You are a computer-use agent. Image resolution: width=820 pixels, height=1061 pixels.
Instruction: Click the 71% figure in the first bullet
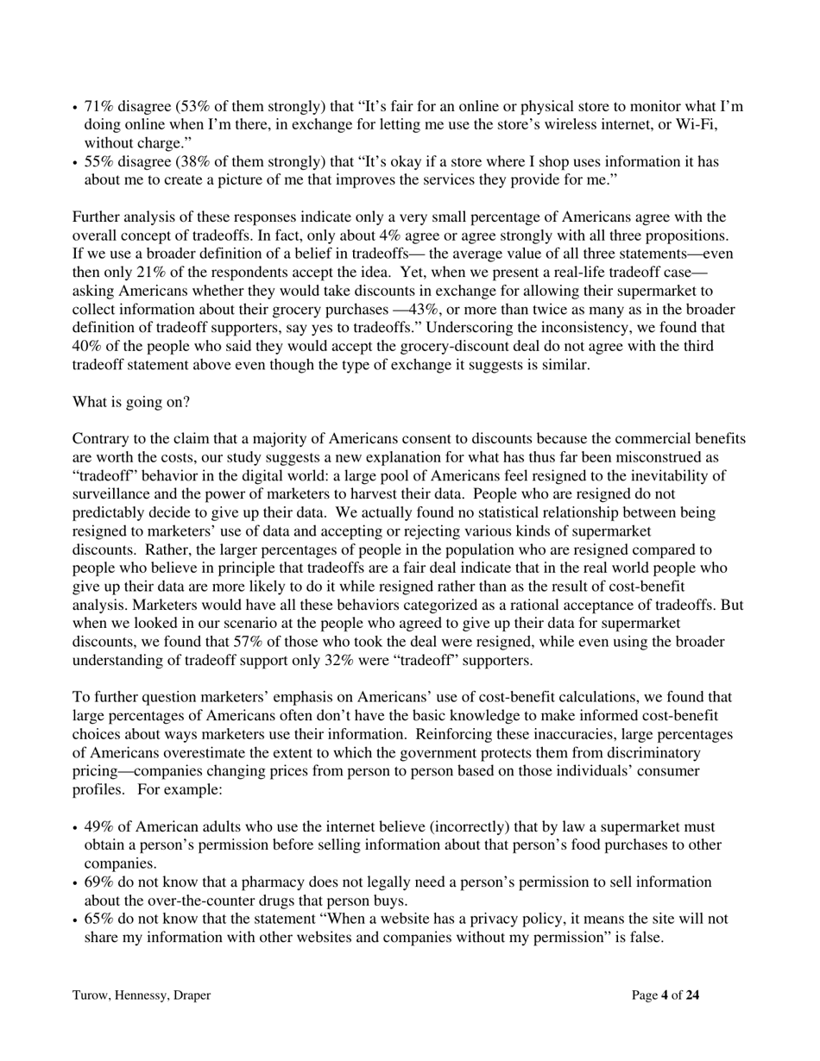[98, 107]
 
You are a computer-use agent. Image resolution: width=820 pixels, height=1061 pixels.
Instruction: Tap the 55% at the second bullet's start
[98, 162]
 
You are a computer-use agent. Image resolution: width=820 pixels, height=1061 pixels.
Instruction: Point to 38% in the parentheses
[191, 162]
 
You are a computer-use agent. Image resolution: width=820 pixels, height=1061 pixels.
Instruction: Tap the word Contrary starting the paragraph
[100, 439]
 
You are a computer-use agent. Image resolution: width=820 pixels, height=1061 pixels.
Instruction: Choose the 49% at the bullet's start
[99, 827]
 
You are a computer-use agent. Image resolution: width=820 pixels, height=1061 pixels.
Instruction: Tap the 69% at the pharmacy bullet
[99, 882]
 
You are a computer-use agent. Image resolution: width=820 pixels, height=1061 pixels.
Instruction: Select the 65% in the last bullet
[99, 920]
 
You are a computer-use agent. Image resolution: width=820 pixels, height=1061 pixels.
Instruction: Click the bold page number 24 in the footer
[692, 995]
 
